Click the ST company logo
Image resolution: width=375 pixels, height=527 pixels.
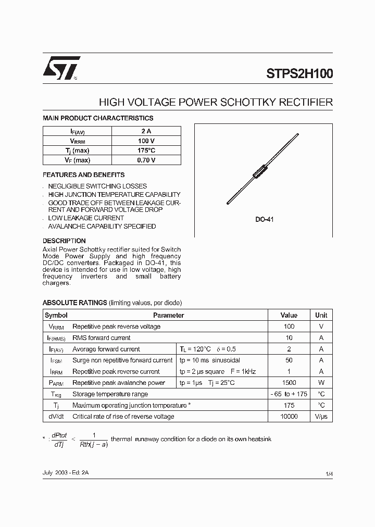[x=61, y=68]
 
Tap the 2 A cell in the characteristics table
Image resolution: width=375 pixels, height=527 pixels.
[x=146, y=132]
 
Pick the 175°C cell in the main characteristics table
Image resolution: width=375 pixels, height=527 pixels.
[x=146, y=150]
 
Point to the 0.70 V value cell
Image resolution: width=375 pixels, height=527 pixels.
[x=146, y=160]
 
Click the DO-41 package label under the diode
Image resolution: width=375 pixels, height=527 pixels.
[x=264, y=220]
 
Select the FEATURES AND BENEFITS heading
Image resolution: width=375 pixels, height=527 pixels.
[x=83, y=175]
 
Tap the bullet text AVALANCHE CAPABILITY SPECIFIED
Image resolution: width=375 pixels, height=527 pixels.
[x=102, y=227]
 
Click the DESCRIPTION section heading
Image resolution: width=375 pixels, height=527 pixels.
[x=64, y=241]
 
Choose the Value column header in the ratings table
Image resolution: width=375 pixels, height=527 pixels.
[x=289, y=315]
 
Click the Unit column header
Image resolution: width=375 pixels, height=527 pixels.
[x=321, y=315]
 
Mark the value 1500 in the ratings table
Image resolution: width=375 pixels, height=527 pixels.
[x=289, y=383]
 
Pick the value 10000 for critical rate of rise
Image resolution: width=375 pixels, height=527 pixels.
[x=289, y=417]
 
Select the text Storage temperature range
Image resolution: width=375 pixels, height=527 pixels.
[x=110, y=394]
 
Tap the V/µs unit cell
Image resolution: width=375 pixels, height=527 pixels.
[x=321, y=417]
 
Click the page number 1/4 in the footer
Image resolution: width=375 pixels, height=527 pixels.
[x=329, y=473]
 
